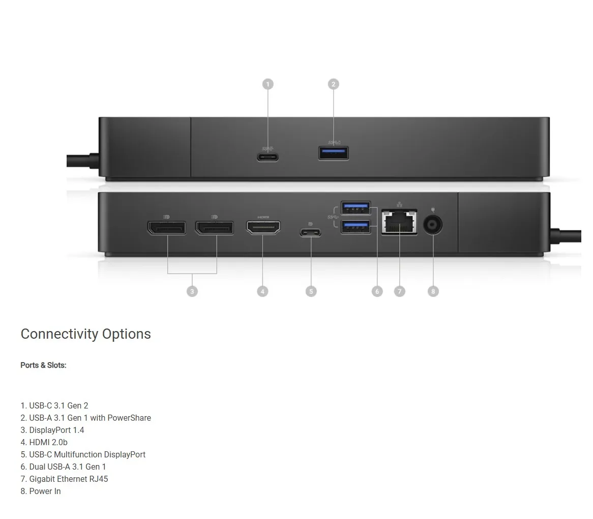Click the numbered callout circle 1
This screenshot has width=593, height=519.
point(268,84)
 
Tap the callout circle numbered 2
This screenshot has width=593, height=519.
point(333,84)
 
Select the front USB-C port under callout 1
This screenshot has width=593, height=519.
point(268,156)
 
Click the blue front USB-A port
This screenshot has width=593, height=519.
point(334,153)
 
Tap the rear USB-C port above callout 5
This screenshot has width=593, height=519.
point(310,233)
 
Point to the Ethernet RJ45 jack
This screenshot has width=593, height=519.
point(399,223)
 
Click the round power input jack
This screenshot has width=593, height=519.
point(433,225)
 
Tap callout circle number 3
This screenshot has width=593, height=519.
point(192,291)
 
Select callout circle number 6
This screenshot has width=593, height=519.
point(377,291)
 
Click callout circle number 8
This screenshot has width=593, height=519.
point(433,291)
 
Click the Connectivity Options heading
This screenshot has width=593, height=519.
point(85,334)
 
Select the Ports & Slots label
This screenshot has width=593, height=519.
point(43,365)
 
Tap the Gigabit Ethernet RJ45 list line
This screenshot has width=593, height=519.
point(64,479)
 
